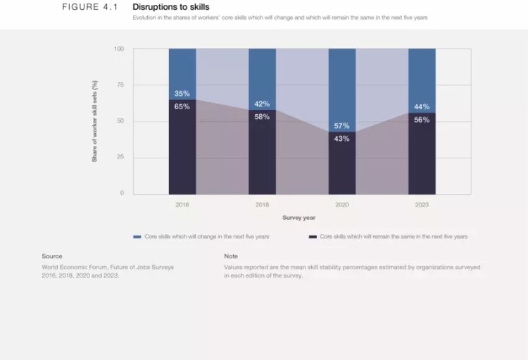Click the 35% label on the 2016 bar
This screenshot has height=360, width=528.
click(182, 94)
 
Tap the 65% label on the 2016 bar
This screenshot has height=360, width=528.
click(182, 106)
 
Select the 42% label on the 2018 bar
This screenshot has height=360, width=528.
click(262, 104)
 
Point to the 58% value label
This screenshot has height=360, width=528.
click(262, 117)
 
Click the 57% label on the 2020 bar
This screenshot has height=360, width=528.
click(342, 126)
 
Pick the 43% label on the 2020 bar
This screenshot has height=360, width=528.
click(342, 138)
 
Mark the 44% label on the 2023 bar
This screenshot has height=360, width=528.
click(422, 107)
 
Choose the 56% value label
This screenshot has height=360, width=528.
click(422, 120)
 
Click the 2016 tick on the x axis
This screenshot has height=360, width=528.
click(182, 205)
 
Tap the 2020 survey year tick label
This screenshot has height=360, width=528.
click(342, 205)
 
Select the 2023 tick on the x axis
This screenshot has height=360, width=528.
click(422, 205)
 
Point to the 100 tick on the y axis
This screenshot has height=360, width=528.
click(119, 49)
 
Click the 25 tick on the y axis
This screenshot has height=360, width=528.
click(120, 156)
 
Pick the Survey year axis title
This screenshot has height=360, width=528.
click(298, 218)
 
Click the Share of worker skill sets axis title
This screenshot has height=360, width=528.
click(94, 121)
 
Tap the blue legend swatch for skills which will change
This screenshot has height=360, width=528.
click(137, 237)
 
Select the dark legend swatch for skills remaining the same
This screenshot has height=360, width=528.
click(313, 237)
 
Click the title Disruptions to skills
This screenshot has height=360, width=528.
click(170, 7)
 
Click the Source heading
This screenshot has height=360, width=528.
click(52, 256)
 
